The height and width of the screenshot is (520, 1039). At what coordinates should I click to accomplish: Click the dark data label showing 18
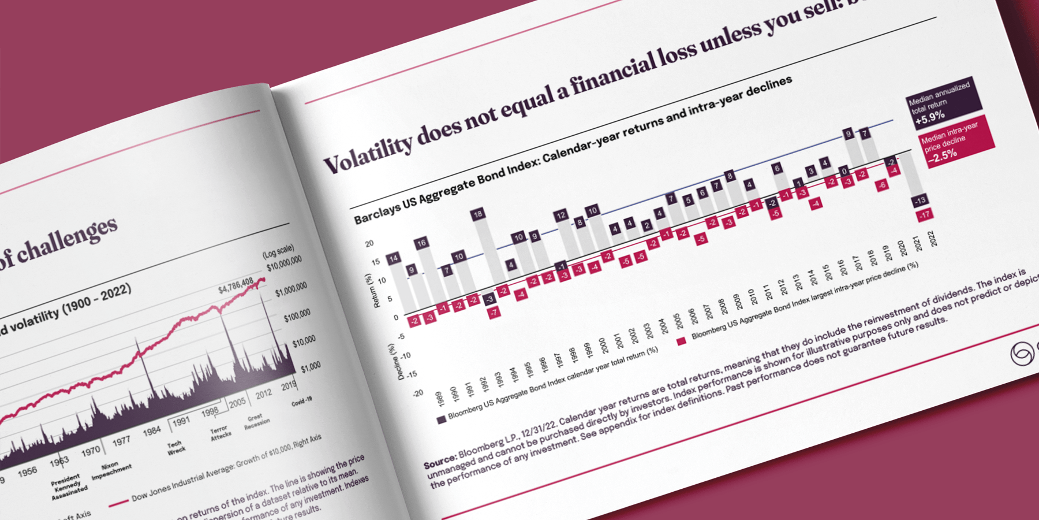(477, 214)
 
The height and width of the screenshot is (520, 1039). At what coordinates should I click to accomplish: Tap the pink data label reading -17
(925, 216)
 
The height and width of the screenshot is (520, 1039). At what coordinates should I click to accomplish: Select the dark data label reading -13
(920, 200)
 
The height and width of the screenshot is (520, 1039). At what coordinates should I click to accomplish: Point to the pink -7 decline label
(494, 313)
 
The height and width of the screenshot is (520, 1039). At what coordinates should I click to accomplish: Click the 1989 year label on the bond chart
(440, 399)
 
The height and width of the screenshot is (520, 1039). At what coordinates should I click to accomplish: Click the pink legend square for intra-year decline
(681, 341)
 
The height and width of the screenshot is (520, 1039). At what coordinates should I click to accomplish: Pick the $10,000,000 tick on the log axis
(284, 263)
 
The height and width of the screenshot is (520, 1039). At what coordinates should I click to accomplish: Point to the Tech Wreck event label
(175, 447)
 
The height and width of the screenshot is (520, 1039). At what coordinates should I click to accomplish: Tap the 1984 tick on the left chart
(152, 431)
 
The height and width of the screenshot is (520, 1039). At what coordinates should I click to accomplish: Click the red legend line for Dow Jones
(118, 502)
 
